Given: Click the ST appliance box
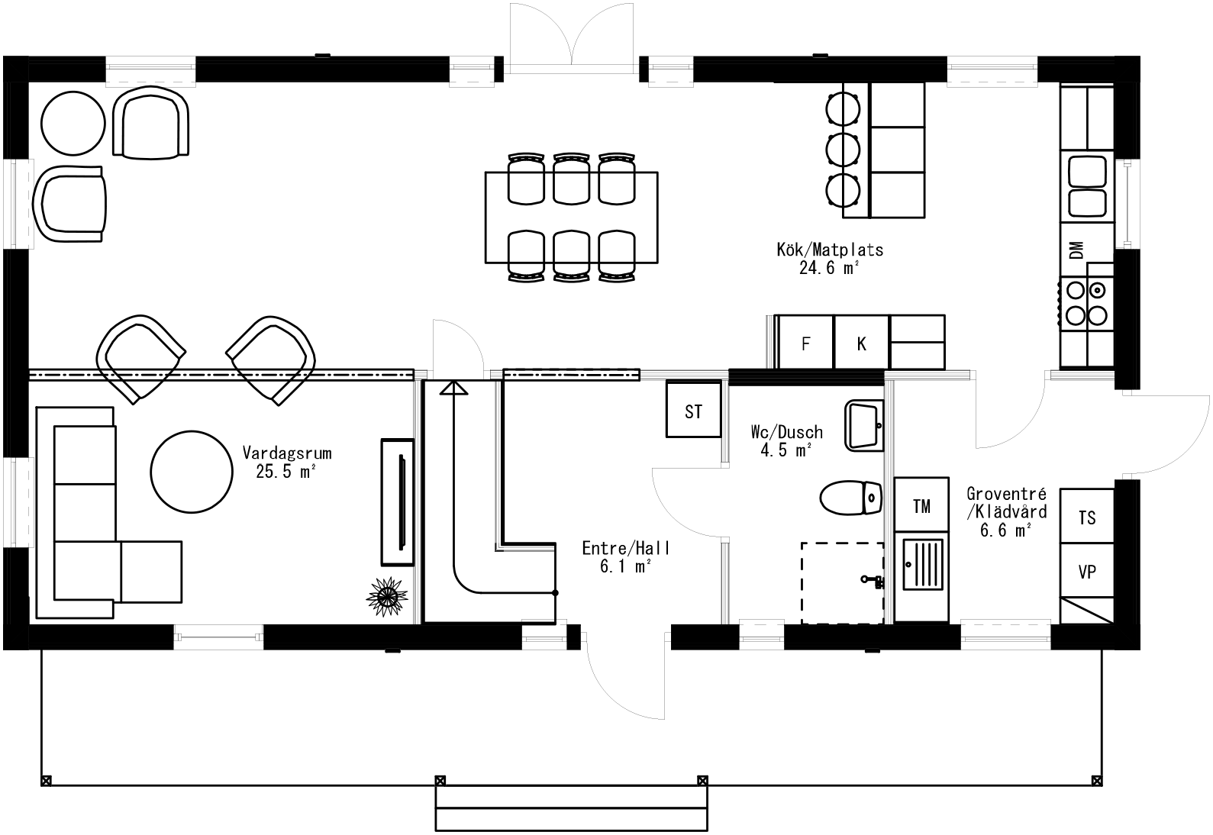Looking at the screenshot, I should [x=693, y=412].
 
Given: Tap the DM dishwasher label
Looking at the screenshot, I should [x=1076, y=250].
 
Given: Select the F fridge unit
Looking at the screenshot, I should [x=805, y=343].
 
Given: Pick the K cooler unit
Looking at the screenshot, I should [x=861, y=343].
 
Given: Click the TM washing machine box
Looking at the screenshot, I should [x=921, y=505].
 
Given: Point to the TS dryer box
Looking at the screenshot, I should [x=1087, y=517].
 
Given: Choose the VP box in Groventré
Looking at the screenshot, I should [x=1087, y=571].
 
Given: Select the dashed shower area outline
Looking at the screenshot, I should [x=842, y=583].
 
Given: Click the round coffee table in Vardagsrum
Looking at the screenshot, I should [x=191, y=471].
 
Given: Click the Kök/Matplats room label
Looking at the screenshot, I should [x=829, y=250].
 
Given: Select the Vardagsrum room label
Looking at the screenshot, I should [x=287, y=452].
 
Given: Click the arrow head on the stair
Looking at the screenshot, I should [x=453, y=389].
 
